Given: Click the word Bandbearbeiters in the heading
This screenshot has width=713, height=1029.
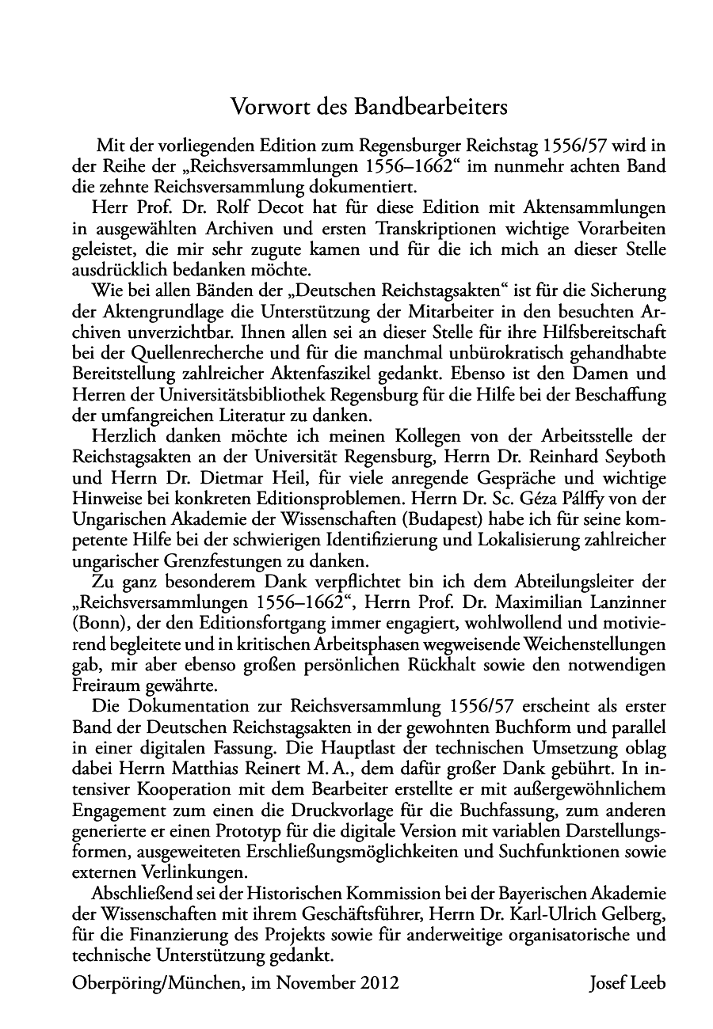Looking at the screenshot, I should (431, 105).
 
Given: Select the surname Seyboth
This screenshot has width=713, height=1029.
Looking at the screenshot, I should (629, 457).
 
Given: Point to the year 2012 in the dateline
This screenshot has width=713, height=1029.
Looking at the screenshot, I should (379, 984).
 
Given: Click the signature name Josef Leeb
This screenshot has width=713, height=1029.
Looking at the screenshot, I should (627, 984).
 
